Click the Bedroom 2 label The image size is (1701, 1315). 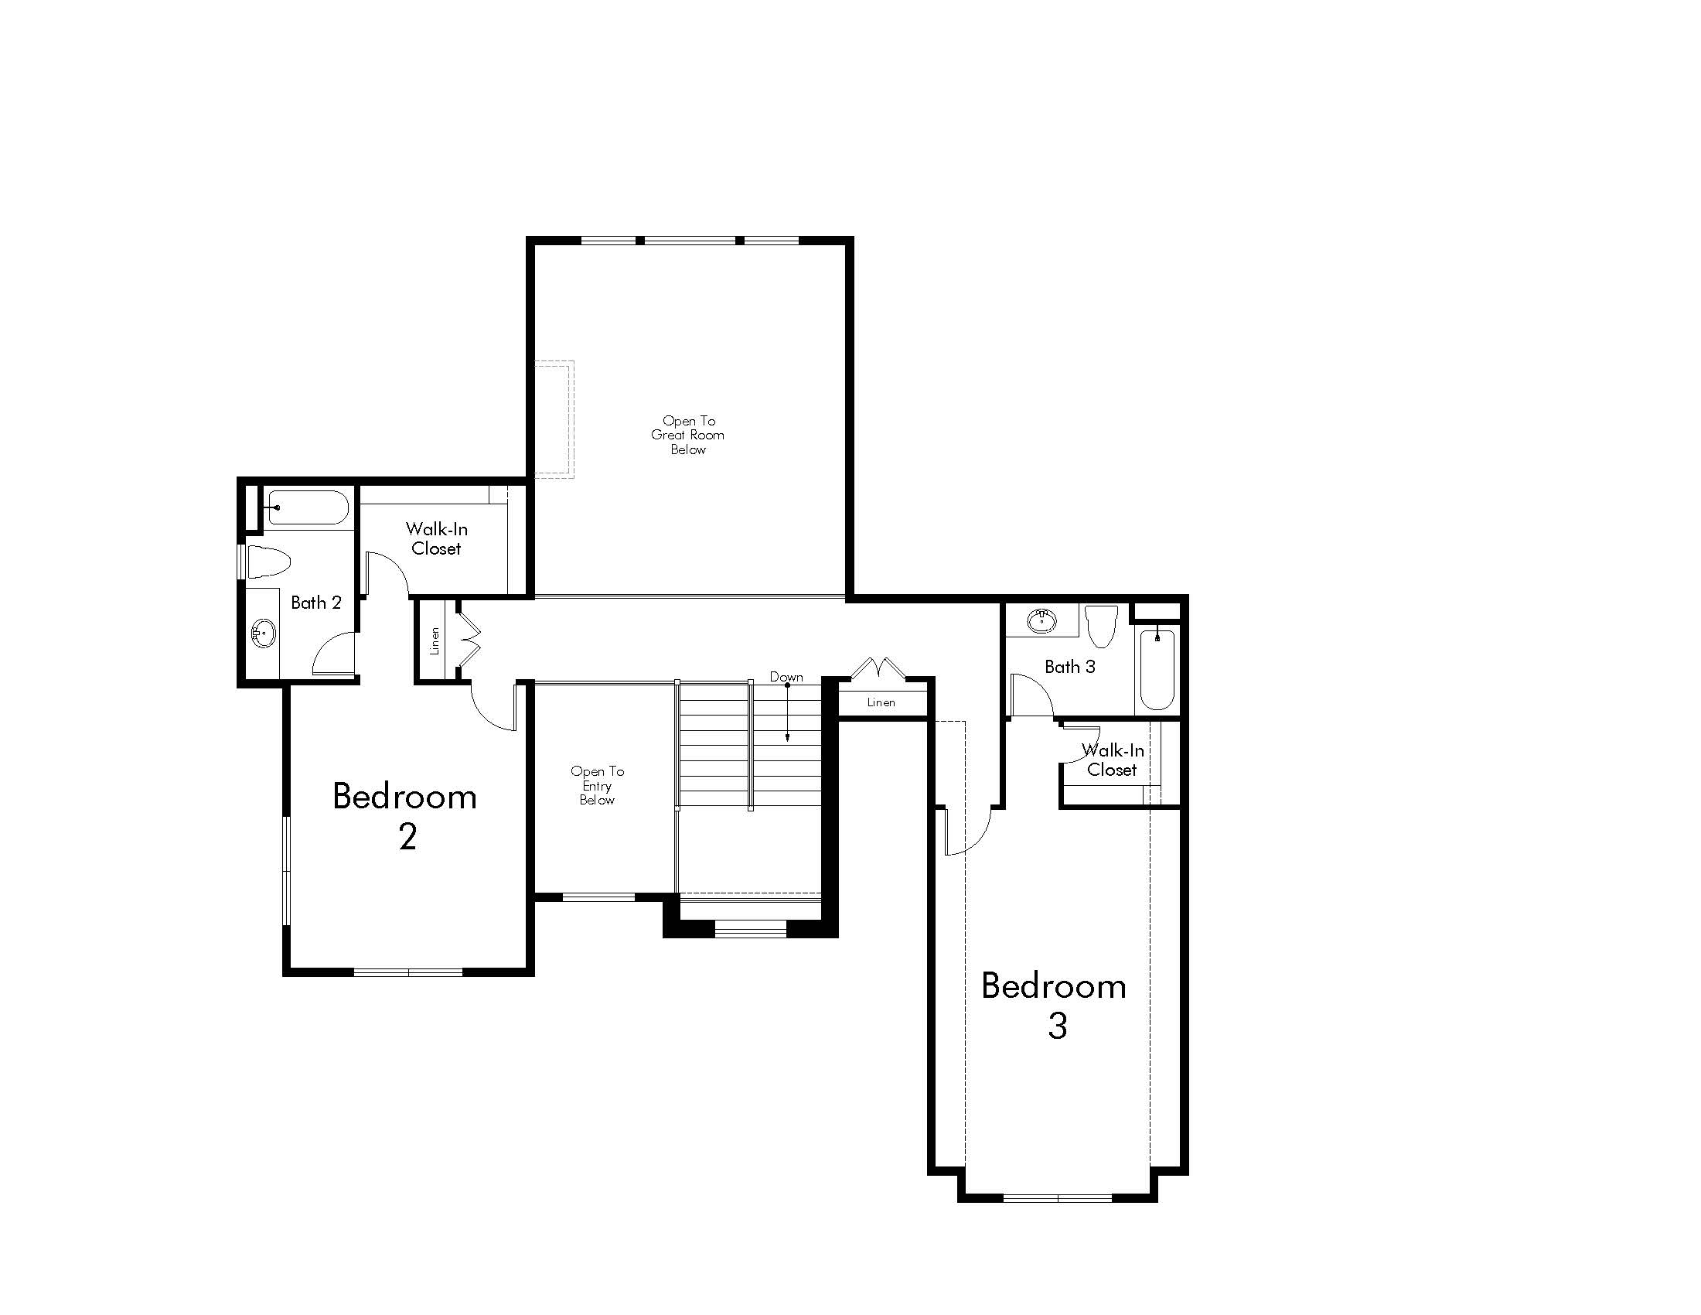coord(405,815)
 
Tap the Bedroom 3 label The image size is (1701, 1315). coord(1054,1005)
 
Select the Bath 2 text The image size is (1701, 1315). coord(315,602)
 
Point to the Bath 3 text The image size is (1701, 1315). coord(1069,667)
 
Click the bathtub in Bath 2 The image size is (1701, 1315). coord(308,507)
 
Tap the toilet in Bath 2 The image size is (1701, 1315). coord(269,561)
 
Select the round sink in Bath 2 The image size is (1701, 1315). coord(264,634)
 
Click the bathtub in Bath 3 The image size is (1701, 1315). coord(1157,669)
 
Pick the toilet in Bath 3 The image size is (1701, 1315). coord(1101,626)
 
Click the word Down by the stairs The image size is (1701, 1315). coord(786,677)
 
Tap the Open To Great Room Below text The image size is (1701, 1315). coord(687,435)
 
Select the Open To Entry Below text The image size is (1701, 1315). coord(598,785)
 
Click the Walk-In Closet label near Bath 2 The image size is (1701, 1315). coord(436,538)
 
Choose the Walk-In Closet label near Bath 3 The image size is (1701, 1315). coord(1112,760)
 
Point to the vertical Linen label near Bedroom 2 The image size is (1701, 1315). coord(435,640)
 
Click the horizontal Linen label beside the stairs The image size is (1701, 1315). coord(881,702)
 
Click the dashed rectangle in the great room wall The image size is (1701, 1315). coord(554,419)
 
